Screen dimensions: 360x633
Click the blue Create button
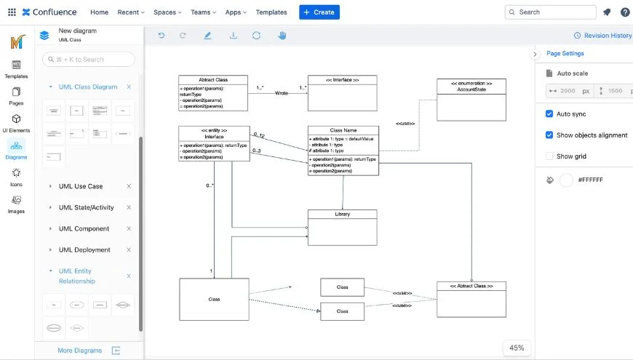(319, 12)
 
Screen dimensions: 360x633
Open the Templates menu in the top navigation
(271, 12)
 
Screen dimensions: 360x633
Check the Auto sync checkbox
(549, 114)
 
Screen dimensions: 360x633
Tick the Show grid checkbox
(549, 156)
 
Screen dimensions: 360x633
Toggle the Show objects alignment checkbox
(549, 135)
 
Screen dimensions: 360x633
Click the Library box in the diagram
(342, 228)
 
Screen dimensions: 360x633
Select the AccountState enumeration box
(471, 100)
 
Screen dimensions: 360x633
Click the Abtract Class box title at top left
(213, 79)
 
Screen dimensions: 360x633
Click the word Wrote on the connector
(282, 93)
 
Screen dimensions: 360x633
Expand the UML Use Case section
(81, 187)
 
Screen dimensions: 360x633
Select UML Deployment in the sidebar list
(84, 250)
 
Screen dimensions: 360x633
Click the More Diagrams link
(79, 351)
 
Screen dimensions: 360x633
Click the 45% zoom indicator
(517, 348)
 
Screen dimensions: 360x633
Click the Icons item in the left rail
(16, 177)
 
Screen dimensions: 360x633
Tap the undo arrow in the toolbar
(162, 36)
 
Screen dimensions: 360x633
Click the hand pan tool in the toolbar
(282, 36)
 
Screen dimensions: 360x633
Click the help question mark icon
(624, 12)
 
